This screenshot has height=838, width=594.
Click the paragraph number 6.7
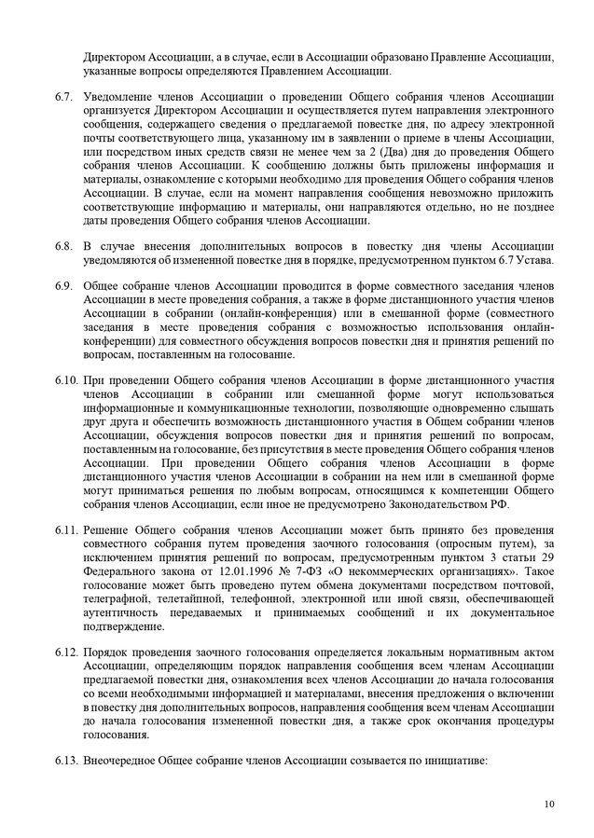click(63, 97)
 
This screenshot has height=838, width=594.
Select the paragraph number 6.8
click(63, 245)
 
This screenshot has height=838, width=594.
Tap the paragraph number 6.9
click(63, 285)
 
